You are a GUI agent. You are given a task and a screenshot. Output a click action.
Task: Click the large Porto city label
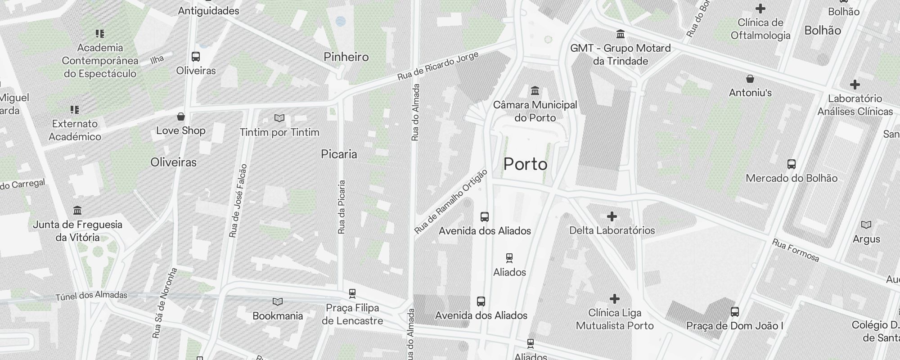[525, 164]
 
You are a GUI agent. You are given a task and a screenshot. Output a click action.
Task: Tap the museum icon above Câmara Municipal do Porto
[535, 91]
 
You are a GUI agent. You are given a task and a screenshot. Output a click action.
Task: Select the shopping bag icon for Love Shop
[181, 117]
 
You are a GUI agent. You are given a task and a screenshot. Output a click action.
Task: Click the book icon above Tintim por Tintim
[279, 118]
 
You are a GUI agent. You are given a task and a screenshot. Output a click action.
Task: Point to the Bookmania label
[278, 316]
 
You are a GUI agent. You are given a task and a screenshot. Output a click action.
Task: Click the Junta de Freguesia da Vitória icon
[77, 211]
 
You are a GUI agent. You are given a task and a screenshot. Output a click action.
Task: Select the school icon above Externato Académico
[75, 110]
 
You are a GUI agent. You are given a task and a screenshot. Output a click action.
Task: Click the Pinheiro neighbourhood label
[346, 57]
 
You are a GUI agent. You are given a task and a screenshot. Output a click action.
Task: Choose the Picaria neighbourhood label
[339, 154]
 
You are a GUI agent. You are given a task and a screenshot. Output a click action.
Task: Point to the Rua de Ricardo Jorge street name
[438, 67]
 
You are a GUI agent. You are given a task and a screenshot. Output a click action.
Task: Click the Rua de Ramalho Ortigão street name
[451, 202]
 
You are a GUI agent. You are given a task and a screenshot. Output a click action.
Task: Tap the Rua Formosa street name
[796, 250]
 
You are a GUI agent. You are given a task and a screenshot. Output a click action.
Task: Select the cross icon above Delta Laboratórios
[612, 217]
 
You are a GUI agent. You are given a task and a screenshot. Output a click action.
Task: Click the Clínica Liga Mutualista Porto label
[615, 319]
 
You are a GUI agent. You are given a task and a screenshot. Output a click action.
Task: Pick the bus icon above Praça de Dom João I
[735, 311]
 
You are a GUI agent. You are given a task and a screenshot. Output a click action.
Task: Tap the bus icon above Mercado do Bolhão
[792, 164]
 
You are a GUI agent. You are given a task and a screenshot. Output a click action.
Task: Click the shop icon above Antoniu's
[750, 79]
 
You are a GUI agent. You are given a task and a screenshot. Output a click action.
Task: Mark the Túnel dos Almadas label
[91, 296]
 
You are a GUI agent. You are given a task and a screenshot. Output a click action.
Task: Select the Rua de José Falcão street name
[238, 201]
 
